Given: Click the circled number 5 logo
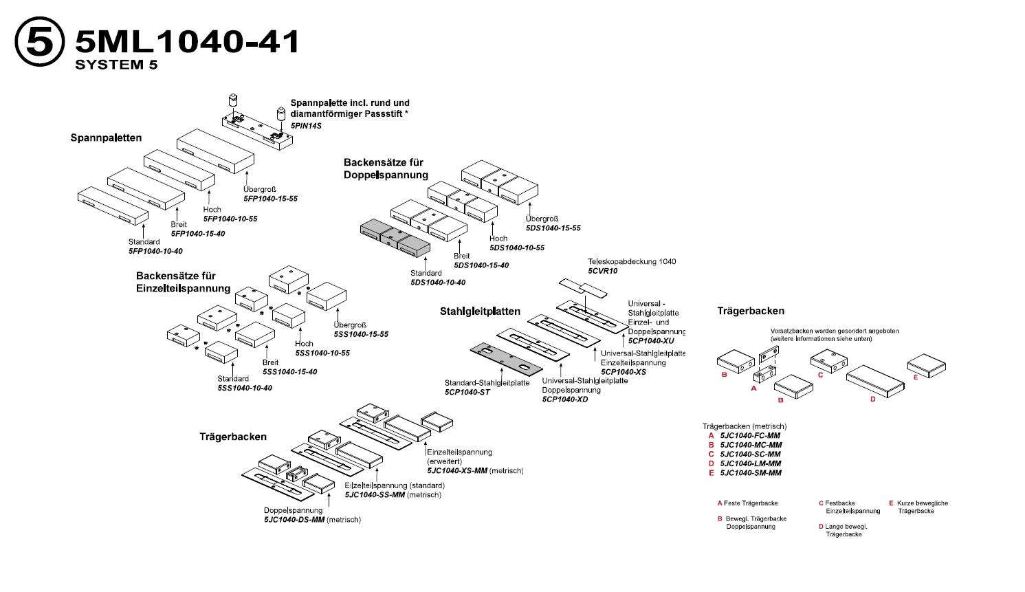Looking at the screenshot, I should (x=40, y=42).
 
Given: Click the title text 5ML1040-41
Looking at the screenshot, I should (x=187, y=42).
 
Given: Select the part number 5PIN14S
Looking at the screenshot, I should (x=306, y=126).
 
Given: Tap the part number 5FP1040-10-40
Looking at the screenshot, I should (x=155, y=252).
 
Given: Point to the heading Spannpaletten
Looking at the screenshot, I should (x=106, y=138).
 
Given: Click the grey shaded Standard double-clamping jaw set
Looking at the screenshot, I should (x=395, y=237).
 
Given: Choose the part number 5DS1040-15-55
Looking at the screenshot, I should (x=553, y=228).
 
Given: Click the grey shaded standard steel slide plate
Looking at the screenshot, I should (x=505, y=357).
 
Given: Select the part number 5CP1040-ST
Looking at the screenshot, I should (x=467, y=393).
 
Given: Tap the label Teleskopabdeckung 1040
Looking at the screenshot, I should (x=632, y=262).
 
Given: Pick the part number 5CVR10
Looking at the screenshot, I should (x=603, y=271).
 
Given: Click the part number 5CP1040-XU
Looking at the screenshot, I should (x=651, y=341).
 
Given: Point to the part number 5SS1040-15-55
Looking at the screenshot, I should (x=361, y=335).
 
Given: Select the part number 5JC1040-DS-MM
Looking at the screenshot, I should (x=294, y=520).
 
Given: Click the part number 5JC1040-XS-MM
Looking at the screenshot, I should (x=457, y=471).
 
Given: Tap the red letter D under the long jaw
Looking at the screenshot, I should (x=873, y=399).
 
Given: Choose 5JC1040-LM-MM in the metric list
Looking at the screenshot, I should (x=751, y=463).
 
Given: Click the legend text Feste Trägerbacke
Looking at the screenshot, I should (x=751, y=503).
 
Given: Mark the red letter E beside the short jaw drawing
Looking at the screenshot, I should (x=916, y=377).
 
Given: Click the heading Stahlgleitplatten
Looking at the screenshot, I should (x=480, y=311).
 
